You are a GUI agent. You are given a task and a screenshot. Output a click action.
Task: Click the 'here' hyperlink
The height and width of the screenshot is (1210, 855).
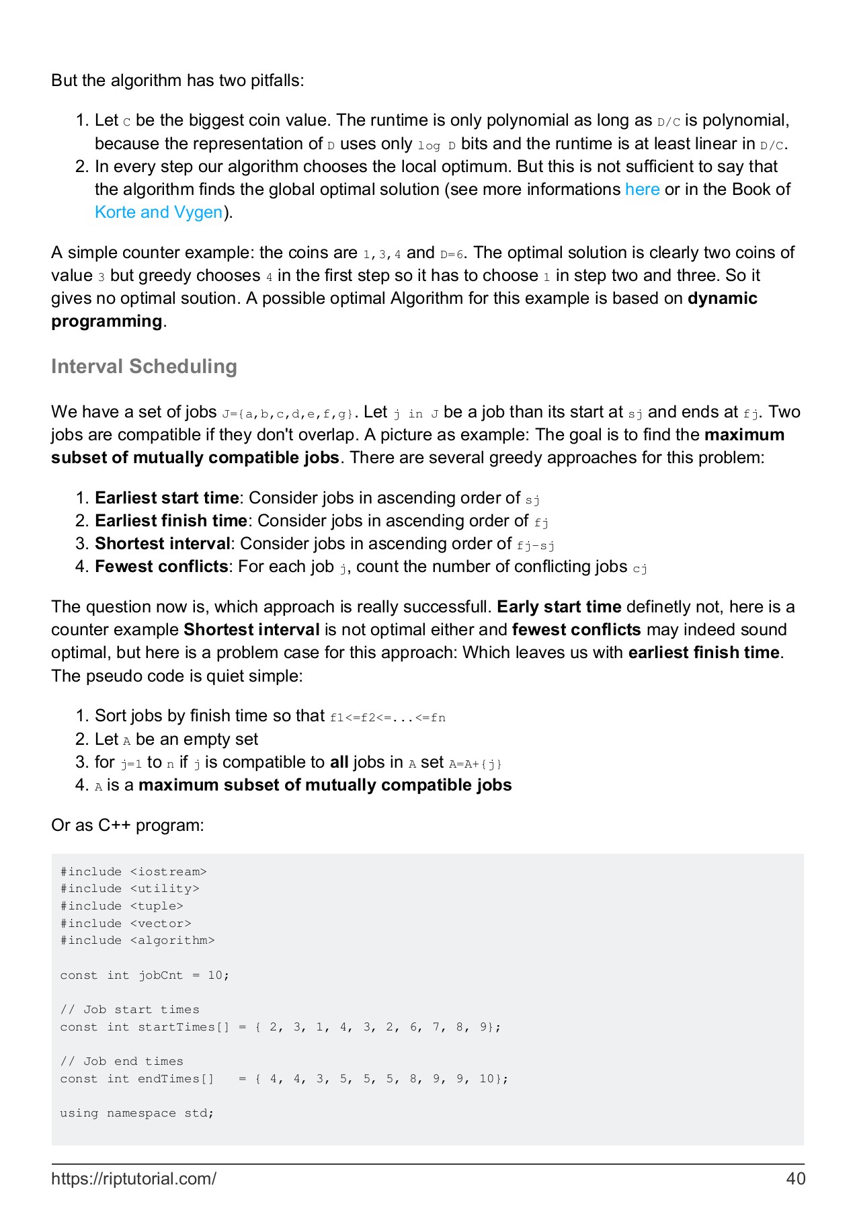coord(642,190)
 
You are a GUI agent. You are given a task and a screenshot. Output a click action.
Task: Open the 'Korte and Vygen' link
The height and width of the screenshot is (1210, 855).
coord(159,212)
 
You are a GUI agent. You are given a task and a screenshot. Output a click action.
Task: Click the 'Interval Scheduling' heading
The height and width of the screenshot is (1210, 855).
coord(144,366)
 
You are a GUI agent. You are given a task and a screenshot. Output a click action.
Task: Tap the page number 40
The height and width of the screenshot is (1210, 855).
coord(795,1178)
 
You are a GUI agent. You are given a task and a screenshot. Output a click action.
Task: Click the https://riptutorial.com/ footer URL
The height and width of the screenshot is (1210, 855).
coord(134,1178)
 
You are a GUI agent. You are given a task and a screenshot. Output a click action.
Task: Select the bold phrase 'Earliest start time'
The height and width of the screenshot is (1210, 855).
coord(167,498)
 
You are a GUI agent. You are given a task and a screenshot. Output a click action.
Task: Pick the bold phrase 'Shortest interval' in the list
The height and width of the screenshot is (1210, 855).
coord(162,544)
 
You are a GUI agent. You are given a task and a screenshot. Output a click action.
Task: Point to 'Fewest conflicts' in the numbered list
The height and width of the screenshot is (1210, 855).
coord(161,567)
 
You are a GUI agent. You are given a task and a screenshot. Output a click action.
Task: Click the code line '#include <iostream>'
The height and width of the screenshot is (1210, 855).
coord(133,872)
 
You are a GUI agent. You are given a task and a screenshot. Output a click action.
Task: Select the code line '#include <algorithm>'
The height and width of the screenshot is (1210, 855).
coord(137,940)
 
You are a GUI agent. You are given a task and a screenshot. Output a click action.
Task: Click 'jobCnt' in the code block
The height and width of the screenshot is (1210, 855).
coord(161,975)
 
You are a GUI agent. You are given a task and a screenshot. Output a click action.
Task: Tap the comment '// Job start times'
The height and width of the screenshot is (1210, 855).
coord(130,1010)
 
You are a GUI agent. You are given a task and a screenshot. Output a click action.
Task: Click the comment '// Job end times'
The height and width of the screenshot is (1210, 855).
coord(122,1061)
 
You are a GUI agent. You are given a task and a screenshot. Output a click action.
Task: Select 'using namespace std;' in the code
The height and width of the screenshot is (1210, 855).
coord(136,1113)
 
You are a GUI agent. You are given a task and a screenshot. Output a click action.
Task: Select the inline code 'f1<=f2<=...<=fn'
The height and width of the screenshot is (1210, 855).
coord(388,718)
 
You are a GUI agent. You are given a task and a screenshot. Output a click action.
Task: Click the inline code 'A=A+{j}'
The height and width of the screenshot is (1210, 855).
coord(475,764)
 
